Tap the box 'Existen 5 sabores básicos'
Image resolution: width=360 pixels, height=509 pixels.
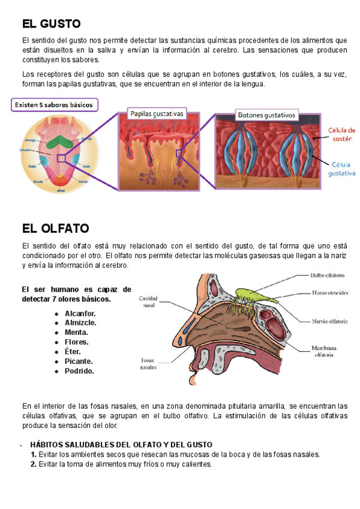point(54,105)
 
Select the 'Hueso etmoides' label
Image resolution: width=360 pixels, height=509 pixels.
point(328,294)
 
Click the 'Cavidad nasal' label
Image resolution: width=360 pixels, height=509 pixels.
point(148,301)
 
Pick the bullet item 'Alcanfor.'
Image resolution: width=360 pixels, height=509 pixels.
point(80,313)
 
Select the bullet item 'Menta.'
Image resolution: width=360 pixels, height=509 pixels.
point(76,333)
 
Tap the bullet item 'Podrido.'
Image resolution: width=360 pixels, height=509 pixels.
point(79,371)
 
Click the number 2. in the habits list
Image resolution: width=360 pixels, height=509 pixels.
point(34,464)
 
